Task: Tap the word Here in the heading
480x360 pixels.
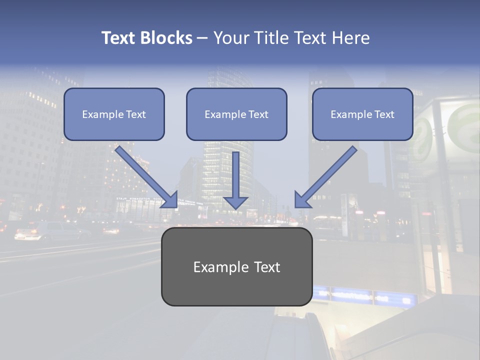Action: [350, 38]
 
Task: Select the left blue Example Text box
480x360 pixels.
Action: [114, 114]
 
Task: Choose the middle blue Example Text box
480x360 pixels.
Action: [236, 114]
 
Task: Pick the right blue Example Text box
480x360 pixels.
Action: [362, 114]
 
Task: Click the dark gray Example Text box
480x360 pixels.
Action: [236, 267]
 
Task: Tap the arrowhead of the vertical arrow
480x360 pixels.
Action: [235, 202]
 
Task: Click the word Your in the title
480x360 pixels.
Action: [231, 38]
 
